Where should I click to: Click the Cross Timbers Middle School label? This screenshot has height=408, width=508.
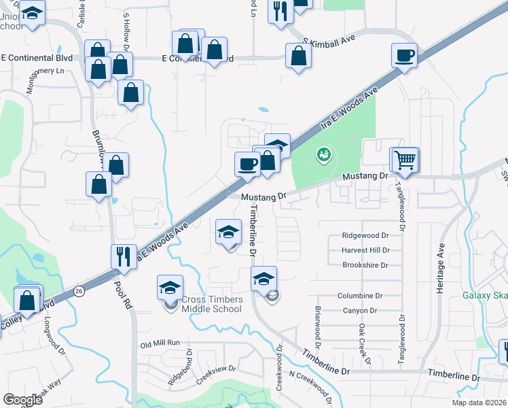[x=211, y=303]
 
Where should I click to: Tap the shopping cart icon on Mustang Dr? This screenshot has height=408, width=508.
[x=405, y=160]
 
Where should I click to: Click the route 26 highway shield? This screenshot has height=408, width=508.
[x=80, y=290]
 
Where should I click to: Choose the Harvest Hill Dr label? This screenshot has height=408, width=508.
[x=365, y=250]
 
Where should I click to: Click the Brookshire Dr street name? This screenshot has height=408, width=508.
[x=365, y=265]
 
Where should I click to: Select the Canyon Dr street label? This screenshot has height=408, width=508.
[x=360, y=311]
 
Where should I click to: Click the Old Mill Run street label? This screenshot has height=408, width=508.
[x=160, y=344]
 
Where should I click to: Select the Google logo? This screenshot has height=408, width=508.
[x=23, y=400]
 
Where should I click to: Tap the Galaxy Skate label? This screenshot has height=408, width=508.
[x=485, y=295]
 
